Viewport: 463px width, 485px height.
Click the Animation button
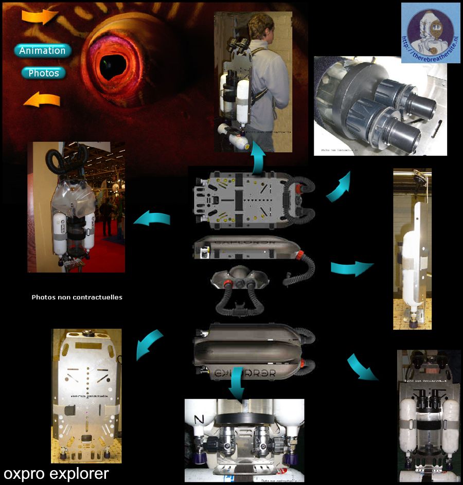click(43, 50)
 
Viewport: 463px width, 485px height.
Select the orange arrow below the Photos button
click(42, 99)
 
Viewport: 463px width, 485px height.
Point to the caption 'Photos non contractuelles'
click(77, 297)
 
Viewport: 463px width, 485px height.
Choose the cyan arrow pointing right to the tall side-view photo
click(352, 267)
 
